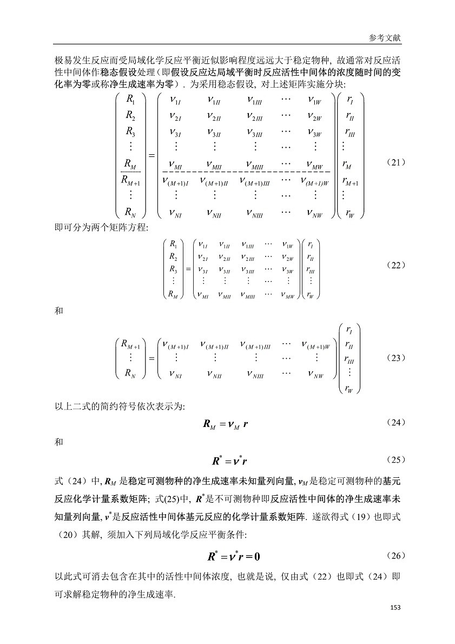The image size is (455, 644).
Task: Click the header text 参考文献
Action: pyautogui.click(x=385, y=38)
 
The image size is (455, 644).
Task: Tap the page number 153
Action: pyautogui.click(x=395, y=607)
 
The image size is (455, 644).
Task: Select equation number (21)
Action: pyautogui.click(x=396, y=162)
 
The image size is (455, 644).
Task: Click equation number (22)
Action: pyautogui.click(x=396, y=265)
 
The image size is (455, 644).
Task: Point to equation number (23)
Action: pyautogui.click(x=396, y=358)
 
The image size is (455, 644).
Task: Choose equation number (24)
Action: pyautogui.click(x=396, y=423)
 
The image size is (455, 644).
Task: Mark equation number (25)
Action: pyautogui.click(x=396, y=459)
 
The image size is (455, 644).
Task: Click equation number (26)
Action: pyautogui.click(x=396, y=556)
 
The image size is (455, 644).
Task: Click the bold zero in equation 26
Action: pyautogui.click(x=257, y=557)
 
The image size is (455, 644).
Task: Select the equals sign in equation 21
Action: pyautogui.click(x=151, y=156)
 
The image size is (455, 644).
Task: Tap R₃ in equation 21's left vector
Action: pyautogui.click(x=130, y=132)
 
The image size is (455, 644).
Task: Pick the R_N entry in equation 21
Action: pyautogui.click(x=130, y=212)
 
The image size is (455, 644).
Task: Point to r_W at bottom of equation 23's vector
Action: pyautogui.click(x=349, y=389)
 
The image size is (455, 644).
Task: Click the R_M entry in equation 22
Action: pyautogui.click(x=173, y=294)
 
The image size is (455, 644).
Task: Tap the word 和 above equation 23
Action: pyautogui.click(x=59, y=311)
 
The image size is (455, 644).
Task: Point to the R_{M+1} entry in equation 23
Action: pyautogui.click(x=131, y=345)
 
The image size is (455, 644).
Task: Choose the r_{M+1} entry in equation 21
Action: pyautogui.click(x=350, y=181)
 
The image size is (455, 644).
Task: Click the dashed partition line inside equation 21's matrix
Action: pyautogui.click(x=246, y=171)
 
